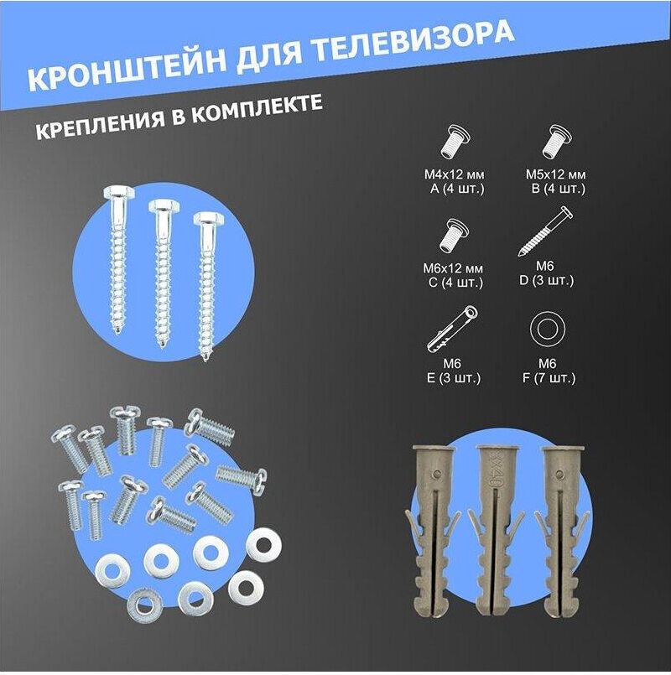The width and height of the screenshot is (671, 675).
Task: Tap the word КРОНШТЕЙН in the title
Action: [128, 68]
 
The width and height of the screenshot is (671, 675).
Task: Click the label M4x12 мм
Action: [454, 174]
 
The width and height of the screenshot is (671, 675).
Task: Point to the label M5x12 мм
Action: [555, 174]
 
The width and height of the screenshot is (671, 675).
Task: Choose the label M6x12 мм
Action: [453, 268]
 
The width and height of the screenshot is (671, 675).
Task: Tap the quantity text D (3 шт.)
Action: [547, 280]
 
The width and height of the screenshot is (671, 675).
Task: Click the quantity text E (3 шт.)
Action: [453, 377]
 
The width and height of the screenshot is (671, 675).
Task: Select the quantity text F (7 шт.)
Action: [549, 377]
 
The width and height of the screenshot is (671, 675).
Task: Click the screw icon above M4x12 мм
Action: [455, 142]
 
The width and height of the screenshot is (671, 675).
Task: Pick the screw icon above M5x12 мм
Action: [556, 142]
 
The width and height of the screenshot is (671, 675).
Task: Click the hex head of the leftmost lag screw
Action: [119, 194]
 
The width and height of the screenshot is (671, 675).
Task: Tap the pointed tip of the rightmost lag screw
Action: [205, 357]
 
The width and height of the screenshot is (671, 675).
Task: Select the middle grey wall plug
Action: [496, 530]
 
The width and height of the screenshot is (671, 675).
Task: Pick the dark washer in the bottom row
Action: [145, 606]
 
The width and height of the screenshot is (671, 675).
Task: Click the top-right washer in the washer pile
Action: [264, 545]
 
